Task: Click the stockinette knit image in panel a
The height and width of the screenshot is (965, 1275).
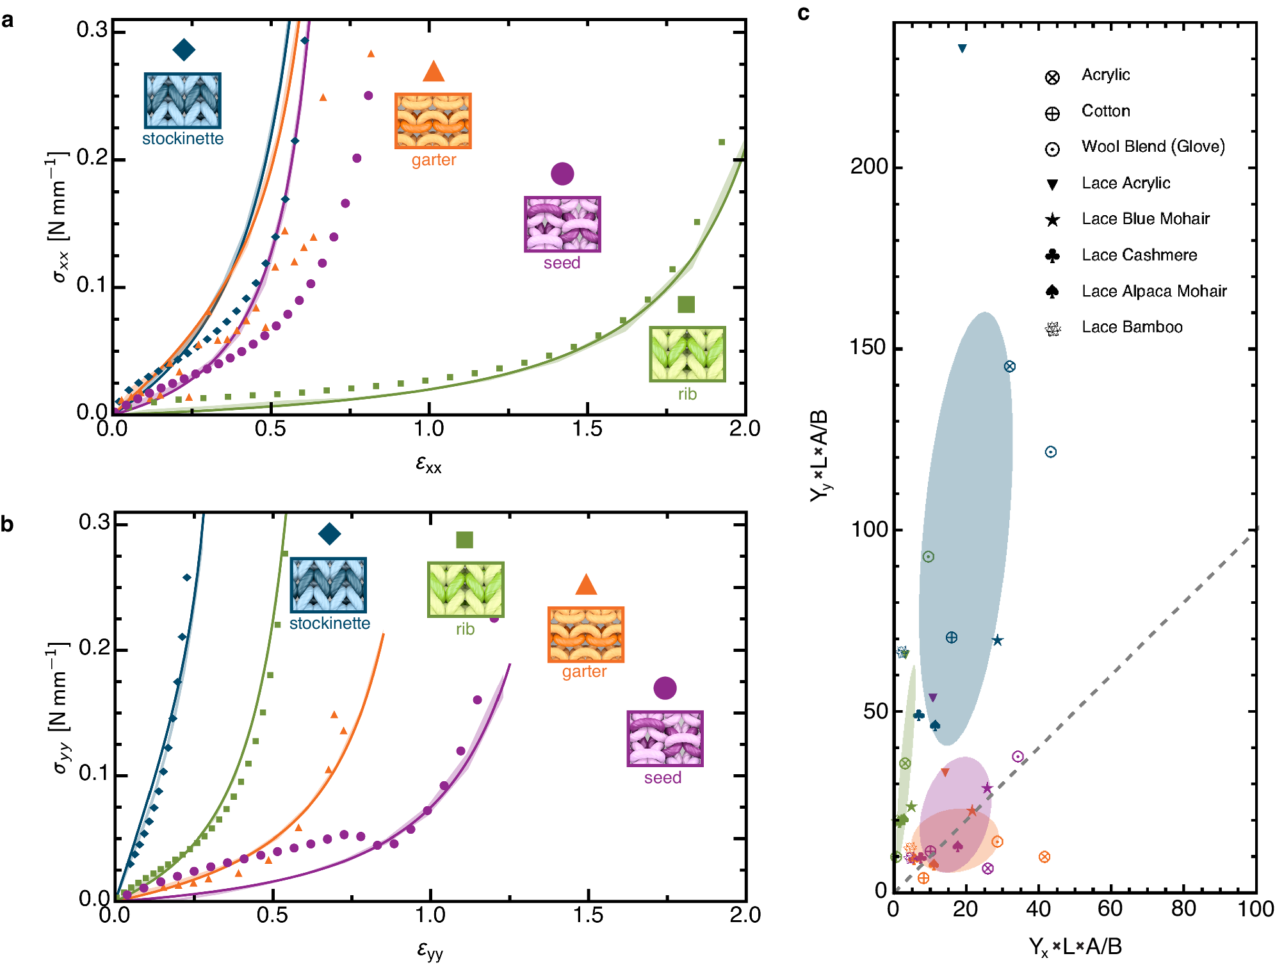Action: pos(183,101)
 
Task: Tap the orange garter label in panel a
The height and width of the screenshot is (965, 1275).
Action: pos(434,160)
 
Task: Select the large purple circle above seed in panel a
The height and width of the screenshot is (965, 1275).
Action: pos(562,174)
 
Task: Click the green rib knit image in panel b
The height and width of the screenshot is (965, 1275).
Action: pos(466,589)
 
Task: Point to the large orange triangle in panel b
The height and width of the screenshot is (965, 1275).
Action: pos(586,585)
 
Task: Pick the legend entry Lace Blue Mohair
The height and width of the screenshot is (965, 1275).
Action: pos(1145,219)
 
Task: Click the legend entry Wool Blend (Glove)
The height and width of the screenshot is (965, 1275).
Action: pos(1153,147)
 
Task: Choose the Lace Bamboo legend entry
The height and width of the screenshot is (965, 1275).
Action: pos(1132,327)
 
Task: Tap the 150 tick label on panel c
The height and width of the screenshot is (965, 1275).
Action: pos(869,347)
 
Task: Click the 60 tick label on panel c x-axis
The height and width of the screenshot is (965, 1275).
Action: pos(1110,909)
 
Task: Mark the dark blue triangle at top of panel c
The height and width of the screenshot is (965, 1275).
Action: pos(962,49)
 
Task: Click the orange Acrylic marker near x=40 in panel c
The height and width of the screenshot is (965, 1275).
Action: pos(1044,857)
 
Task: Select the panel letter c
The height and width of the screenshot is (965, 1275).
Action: pos(804,13)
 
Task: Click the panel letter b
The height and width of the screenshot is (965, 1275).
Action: pos(7,524)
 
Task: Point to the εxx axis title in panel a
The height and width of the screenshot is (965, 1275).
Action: pos(428,464)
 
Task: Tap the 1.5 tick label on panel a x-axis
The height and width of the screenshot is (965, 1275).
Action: pos(587,428)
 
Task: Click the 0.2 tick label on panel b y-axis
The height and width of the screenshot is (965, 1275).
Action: pos(94,648)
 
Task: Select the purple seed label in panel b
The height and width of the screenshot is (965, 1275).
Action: pos(663,778)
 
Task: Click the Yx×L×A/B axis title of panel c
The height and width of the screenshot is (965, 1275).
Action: pos(1075,946)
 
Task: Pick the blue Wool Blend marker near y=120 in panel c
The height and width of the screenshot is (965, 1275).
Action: pos(1051,452)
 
